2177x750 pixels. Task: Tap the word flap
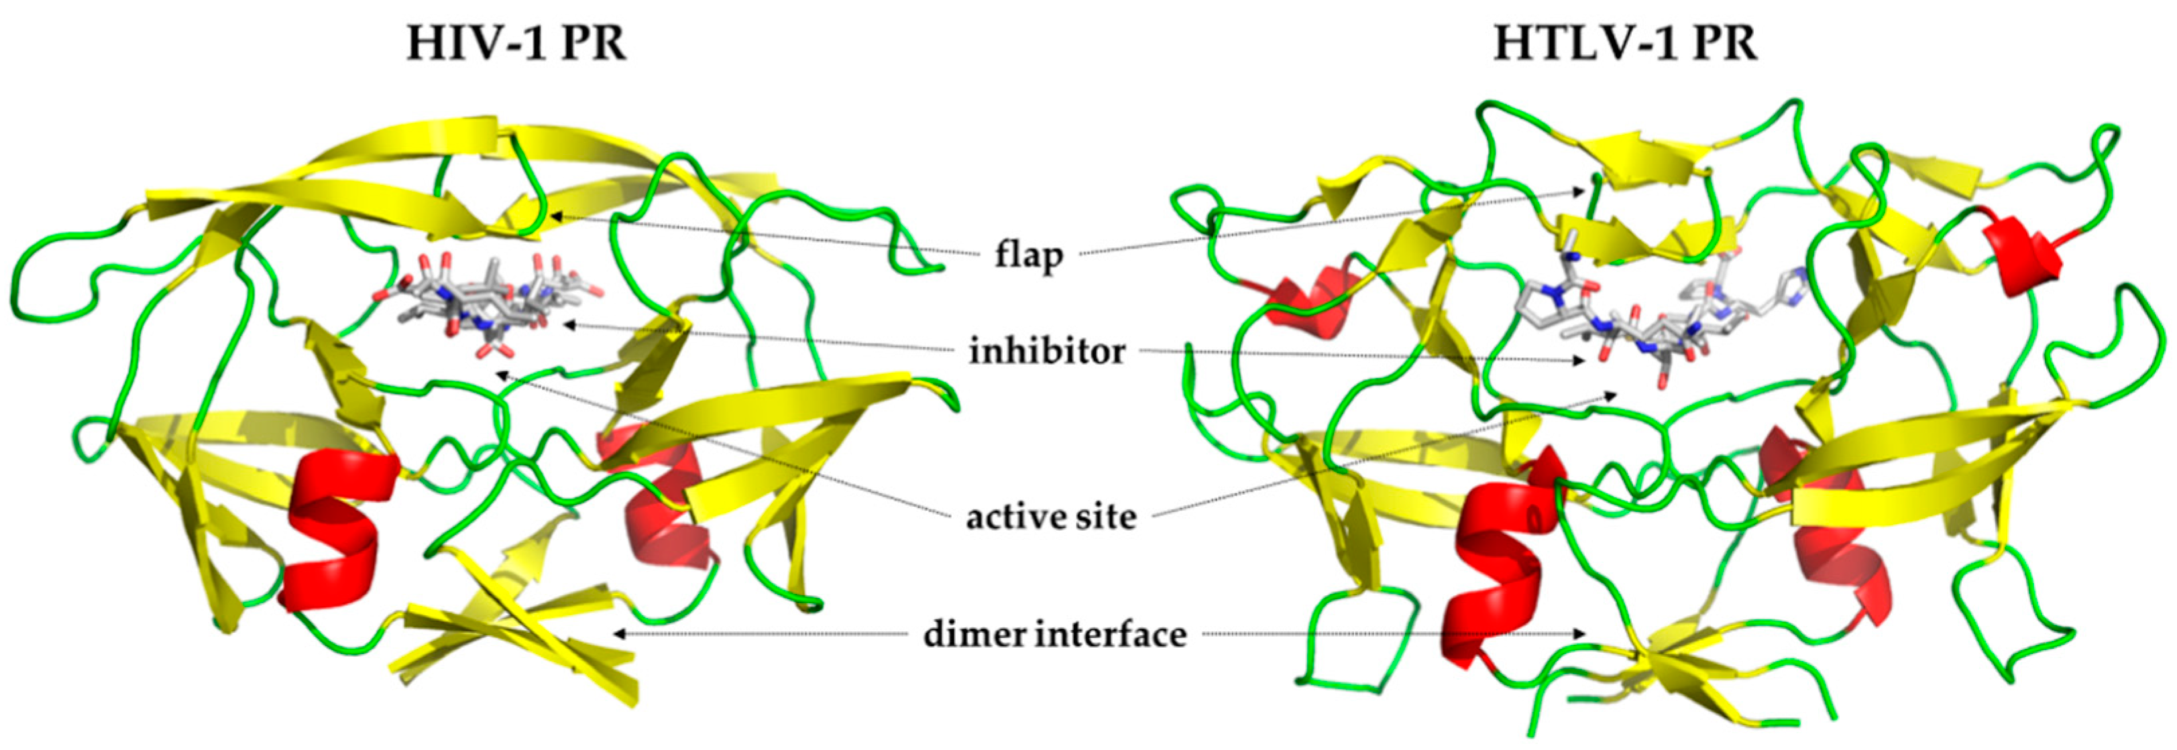(x=1027, y=253)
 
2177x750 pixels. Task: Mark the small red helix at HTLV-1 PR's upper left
(x=1302, y=296)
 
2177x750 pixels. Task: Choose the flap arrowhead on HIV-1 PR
(x=555, y=216)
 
